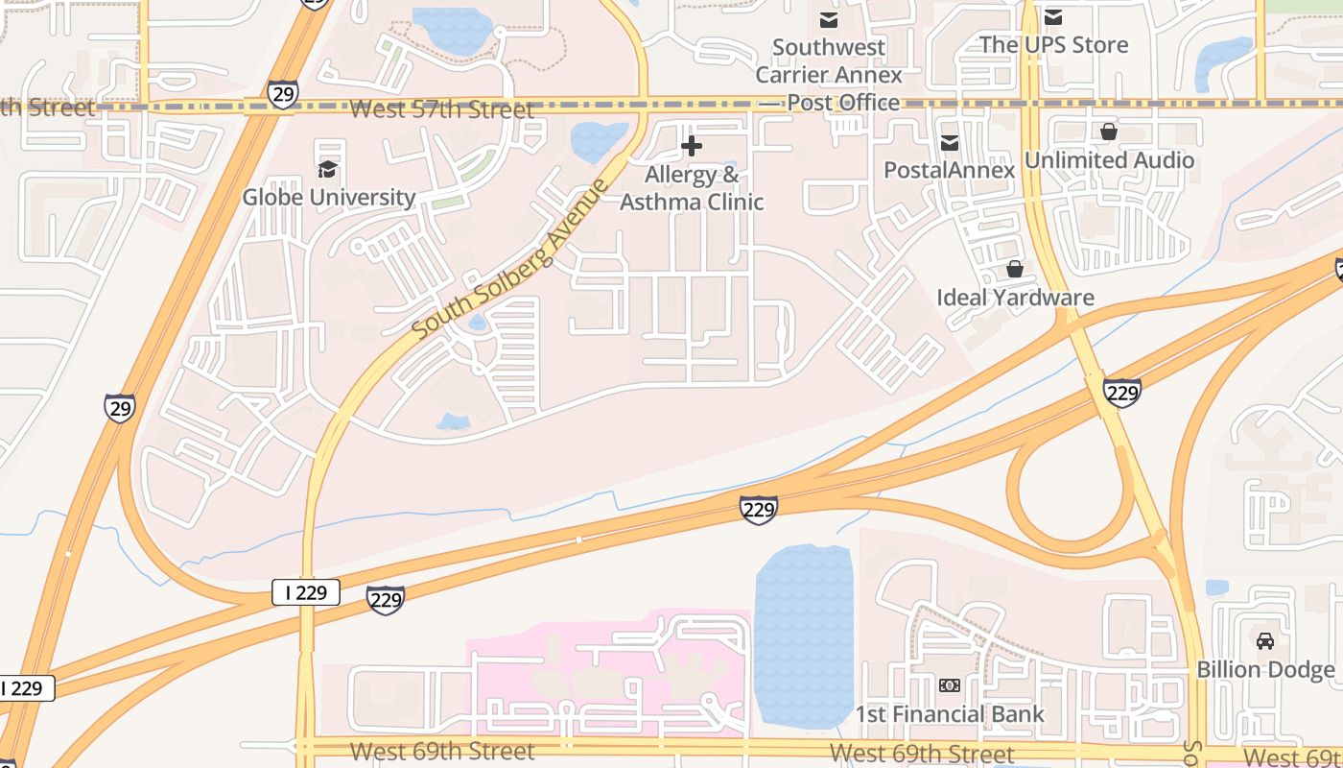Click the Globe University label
[328, 198]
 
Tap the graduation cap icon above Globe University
[327, 170]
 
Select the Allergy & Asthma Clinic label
[692, 188]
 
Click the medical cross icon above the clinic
[691, 147]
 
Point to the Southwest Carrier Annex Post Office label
[829, 75]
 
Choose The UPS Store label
[1053, 45]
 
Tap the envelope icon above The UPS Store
[1053, 16]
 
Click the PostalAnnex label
[949, 171]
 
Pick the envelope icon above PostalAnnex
[950, 143]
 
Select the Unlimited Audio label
[1109, 160]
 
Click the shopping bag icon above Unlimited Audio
[1109, 132]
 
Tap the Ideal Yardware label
[1015, 298]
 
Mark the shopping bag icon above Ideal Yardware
[1015, 270]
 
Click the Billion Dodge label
[1265, 669]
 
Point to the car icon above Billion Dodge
[1265, 640]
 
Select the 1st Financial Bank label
[950, 714]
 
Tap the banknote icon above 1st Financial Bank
[950, 685]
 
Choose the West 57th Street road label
[441, 109]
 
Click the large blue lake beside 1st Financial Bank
[804, 634]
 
